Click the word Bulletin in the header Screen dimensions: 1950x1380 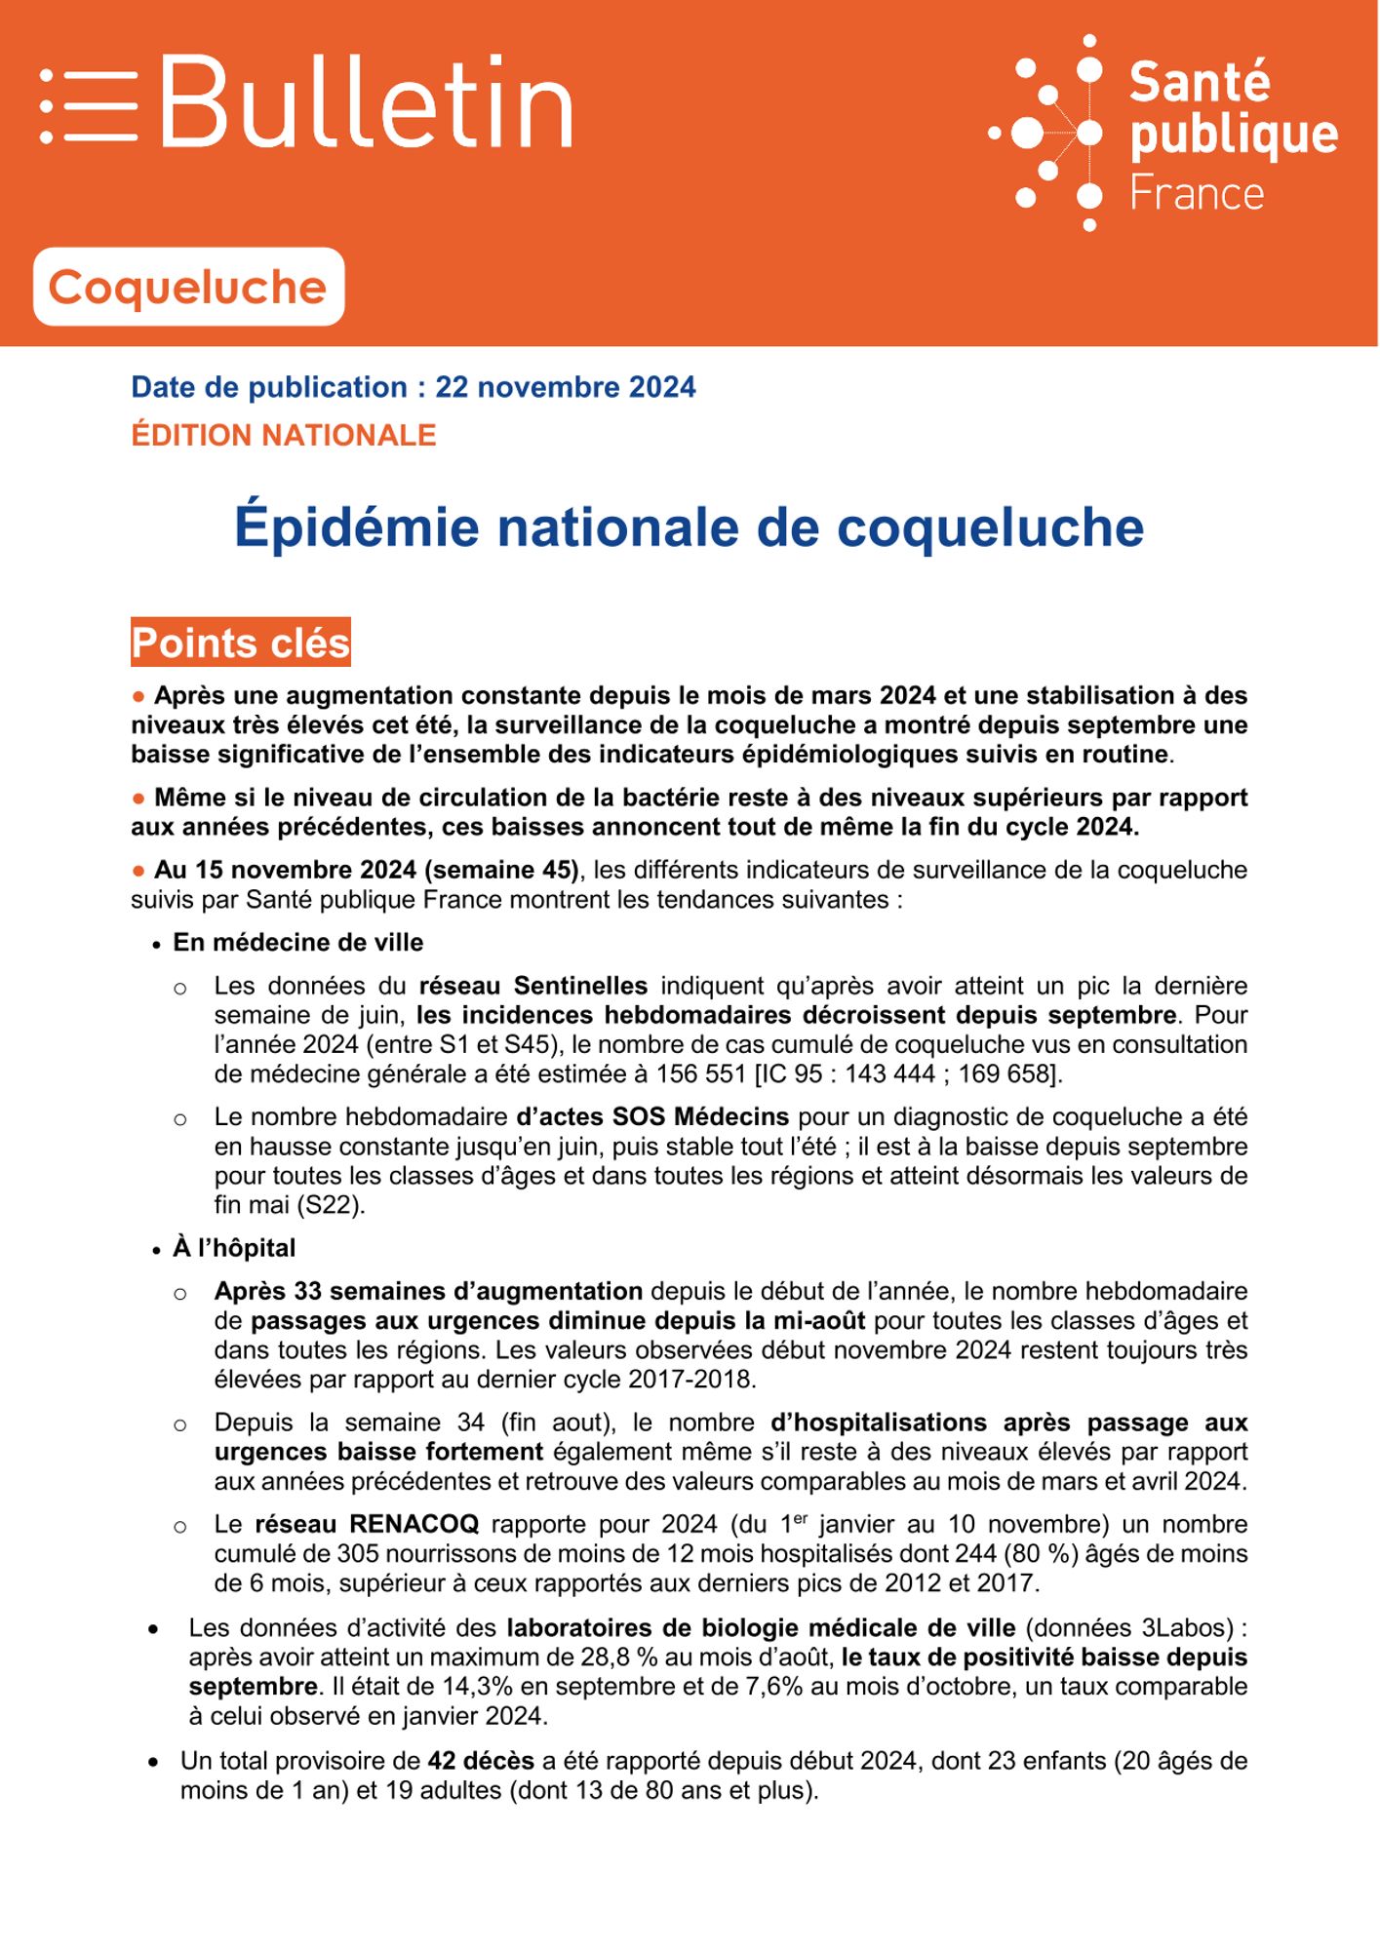pos(366,102)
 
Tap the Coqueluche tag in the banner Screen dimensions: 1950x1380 pos(188,287)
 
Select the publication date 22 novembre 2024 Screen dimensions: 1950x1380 pos(566,387)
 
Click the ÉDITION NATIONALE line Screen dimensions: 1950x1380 pos(284,435)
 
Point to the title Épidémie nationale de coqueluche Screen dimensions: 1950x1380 pos(689,527)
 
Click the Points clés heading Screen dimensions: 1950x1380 pos(241,643)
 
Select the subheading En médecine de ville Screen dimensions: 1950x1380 pos(298,943)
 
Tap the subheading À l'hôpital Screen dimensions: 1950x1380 pos(234,1248)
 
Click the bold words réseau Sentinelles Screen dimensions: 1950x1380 pos(533,986)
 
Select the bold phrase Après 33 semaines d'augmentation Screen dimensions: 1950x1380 pos(428,1291)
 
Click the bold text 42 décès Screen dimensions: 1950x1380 pos(481,1761)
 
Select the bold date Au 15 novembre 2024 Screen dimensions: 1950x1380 pos(289,870)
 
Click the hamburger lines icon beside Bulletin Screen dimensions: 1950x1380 pos(89,105)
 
